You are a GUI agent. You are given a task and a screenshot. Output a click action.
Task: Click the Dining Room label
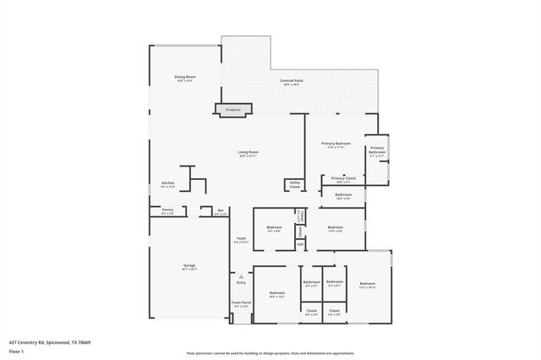coord(184,79)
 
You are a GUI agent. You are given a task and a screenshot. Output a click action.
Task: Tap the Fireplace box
coord(232,109)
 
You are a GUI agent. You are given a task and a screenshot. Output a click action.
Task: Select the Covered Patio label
coord(292,82)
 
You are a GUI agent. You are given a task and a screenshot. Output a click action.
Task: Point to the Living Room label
coord(248,154)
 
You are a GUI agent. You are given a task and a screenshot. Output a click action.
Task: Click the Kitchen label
coord(167,185)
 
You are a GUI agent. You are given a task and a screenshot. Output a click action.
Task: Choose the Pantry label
coord(167,211)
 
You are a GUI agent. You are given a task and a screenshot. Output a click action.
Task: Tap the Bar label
coord(220,212)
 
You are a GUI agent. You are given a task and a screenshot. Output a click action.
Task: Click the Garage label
coord(189,267)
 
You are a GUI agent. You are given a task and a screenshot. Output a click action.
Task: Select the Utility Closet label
coord(295,184)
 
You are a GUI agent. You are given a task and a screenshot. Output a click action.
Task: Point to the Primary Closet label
coord(343,179)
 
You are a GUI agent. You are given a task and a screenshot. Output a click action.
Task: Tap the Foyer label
coord(241,239)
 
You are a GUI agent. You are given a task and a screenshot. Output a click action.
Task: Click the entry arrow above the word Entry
coord(241,275)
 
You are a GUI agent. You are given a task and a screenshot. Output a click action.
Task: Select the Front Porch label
coord(241,303)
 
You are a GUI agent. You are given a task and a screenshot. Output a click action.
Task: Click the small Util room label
coord(299,244)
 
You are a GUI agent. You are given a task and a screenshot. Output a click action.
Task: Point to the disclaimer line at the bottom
coord(270,352)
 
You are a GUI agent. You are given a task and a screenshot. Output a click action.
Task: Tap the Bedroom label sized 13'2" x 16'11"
coord(367,285)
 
